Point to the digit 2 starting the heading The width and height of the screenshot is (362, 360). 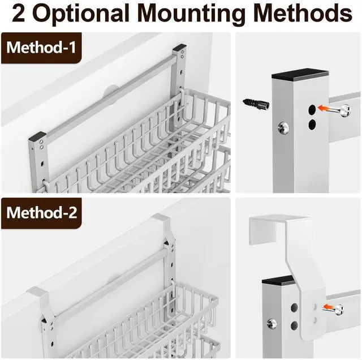(x=18, y=13)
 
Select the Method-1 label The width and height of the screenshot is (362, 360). (x=41, y=48)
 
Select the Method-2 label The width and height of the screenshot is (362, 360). (x=41, y=213)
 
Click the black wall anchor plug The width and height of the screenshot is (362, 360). (x=256, y=103)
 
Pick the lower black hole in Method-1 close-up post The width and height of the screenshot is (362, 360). (x=312, y=125)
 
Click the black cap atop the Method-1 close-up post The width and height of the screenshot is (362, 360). (x=300, y=74)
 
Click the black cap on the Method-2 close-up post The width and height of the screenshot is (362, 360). (x=279, y=280)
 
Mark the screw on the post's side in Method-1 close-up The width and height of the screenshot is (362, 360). (x=284, y=128)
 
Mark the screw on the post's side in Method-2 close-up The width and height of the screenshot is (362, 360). (x=271, y=323)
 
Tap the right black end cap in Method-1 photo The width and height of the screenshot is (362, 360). (x=180, y=47)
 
